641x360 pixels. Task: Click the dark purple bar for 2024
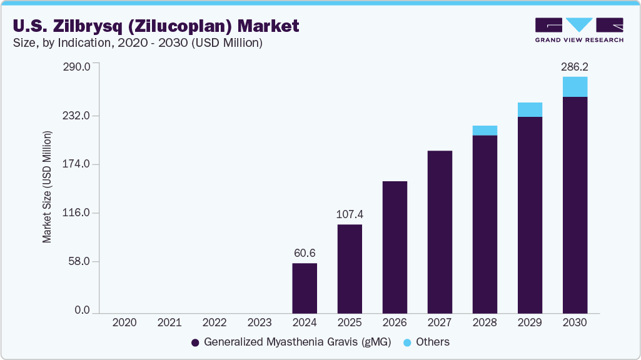305,287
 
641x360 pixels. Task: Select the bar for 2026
395,247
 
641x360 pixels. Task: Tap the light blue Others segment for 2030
575,87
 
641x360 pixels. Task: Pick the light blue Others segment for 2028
485,130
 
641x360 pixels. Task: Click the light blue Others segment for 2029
530,109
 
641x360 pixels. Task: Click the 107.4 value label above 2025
350,214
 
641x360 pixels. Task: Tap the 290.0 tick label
78,66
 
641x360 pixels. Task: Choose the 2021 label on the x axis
169,323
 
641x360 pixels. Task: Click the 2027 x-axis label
440,323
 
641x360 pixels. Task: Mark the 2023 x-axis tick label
260,323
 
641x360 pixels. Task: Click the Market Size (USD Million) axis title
47,187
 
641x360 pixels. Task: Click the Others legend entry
427,342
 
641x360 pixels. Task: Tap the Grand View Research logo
578,29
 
